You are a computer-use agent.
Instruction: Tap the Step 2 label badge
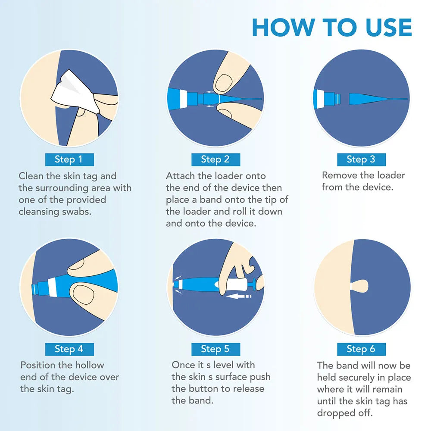tap(215, 159)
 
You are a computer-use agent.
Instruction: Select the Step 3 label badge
tap(361, 159)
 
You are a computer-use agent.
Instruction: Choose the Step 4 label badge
tap(69, 349)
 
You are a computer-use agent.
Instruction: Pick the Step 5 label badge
tap(215, 349)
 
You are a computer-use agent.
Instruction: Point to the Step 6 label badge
tap(361, 349)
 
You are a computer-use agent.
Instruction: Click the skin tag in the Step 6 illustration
tap(360, 285)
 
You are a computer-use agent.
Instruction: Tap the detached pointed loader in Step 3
tap(371, 99)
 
